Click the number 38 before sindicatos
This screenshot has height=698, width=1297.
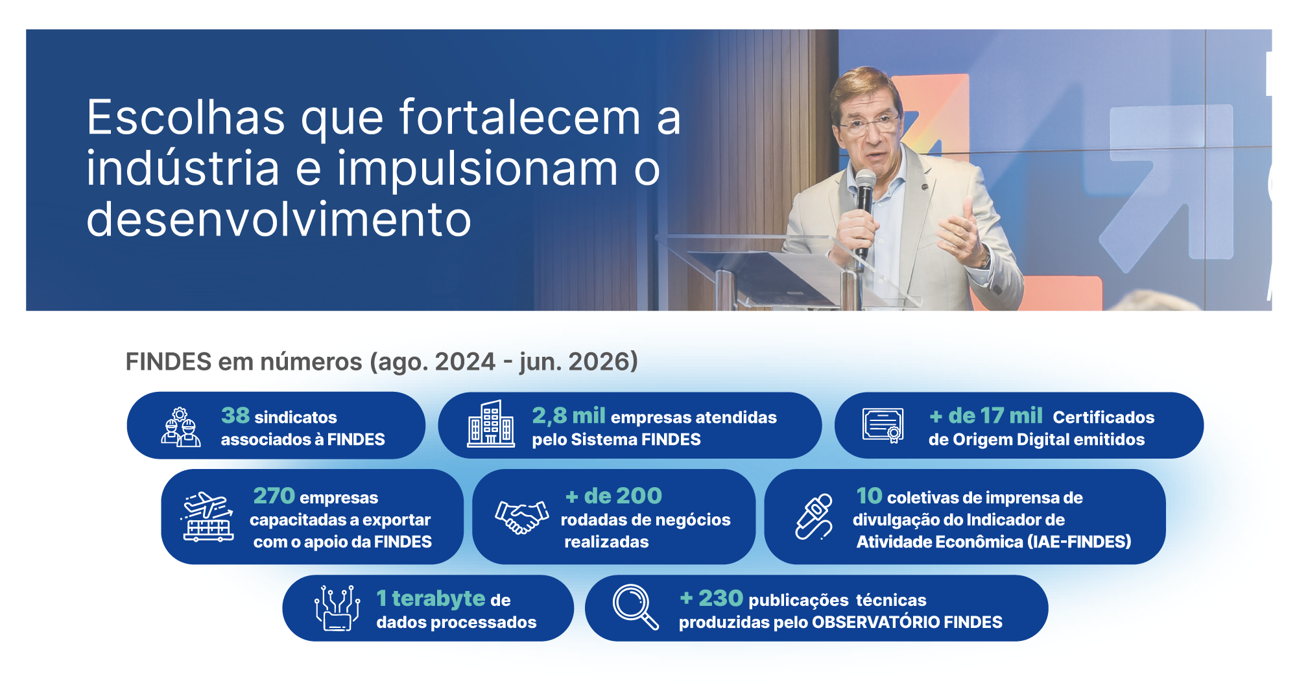(x=235, y=415)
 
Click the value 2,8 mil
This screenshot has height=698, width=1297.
(x=569, y=415)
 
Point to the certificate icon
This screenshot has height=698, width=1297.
(x=883, y=426)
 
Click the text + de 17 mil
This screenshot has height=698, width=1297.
(x=986, y=415)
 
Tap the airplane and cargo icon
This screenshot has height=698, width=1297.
(x=208, y=516)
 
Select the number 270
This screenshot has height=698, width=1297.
(x=274, y=496)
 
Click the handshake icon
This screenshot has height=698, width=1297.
(x=522, y=517)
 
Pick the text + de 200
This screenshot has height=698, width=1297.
(x=613, y=496)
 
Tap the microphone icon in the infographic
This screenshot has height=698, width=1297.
(x=815, y=516)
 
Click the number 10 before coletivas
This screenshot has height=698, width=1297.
(x=870, y=496)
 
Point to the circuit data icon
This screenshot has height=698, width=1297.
(x=337, y=608)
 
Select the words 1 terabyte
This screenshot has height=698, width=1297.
(x=431, y=598)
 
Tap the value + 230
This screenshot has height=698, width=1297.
(x=711, y=598)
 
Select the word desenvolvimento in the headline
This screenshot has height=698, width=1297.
(x=279, y=219)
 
